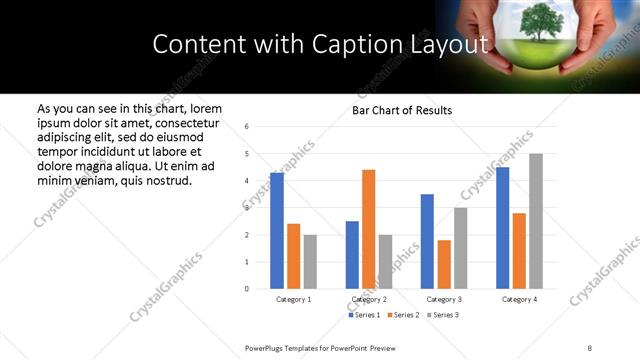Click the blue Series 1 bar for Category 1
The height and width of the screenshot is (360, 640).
coord(277,231)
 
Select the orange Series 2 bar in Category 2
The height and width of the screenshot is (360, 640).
coord(368,229)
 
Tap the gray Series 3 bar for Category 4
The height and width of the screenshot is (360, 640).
coord(536,221)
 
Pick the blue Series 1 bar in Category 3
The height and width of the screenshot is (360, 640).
coord(427,241)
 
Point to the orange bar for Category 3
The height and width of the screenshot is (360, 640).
coord(444,264)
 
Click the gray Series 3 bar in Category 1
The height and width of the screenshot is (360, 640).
coord(310,262)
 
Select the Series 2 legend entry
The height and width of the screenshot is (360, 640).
coord(403,315)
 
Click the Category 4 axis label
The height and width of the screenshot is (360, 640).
coord(519,299)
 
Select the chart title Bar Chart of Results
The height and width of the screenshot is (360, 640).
coord(403,110)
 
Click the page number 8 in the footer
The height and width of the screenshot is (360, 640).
coord(589,347)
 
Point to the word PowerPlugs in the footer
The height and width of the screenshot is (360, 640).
coord(265,347)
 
